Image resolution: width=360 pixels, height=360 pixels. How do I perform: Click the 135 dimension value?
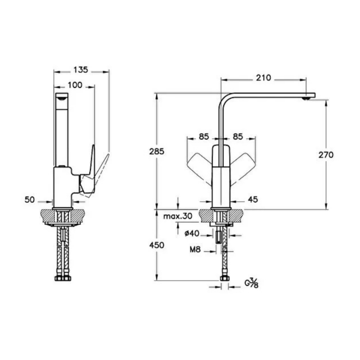click(x=81, y=70)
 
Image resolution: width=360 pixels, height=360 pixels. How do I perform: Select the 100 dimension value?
click(x=75, y=85)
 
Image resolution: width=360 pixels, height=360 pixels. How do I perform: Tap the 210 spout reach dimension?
click(x=264, y=78)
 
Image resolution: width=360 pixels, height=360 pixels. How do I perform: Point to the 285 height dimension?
click(x=157, y=151)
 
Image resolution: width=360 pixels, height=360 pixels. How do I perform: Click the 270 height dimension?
click(x=326, y=155)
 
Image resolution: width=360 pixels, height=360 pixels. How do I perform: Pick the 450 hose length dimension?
click(x=157, y=245)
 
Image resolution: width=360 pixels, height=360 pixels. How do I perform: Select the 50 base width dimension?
click(x=30, y=200)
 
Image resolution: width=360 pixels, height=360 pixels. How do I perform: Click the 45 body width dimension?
click(x=253, y=199)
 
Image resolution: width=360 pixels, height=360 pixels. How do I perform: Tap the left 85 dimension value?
click(x=204, y=136)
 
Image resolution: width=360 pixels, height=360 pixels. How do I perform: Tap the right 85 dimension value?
click(x=238, y=136)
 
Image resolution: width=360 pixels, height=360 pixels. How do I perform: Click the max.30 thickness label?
click(x=178, y=216)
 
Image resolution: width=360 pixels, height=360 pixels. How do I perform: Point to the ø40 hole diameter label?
click(x=192, y=234)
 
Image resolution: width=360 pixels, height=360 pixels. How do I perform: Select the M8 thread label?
click(x=195, y=249)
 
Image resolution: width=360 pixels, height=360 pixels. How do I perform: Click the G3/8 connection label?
click(x=251, y=283)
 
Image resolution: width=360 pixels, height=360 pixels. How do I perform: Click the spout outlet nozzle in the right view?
click(x=306, y=98)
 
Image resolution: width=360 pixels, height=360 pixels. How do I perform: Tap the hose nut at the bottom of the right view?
click(x=224, y=278)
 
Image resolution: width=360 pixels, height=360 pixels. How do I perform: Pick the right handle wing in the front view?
click(x=243, y=166)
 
